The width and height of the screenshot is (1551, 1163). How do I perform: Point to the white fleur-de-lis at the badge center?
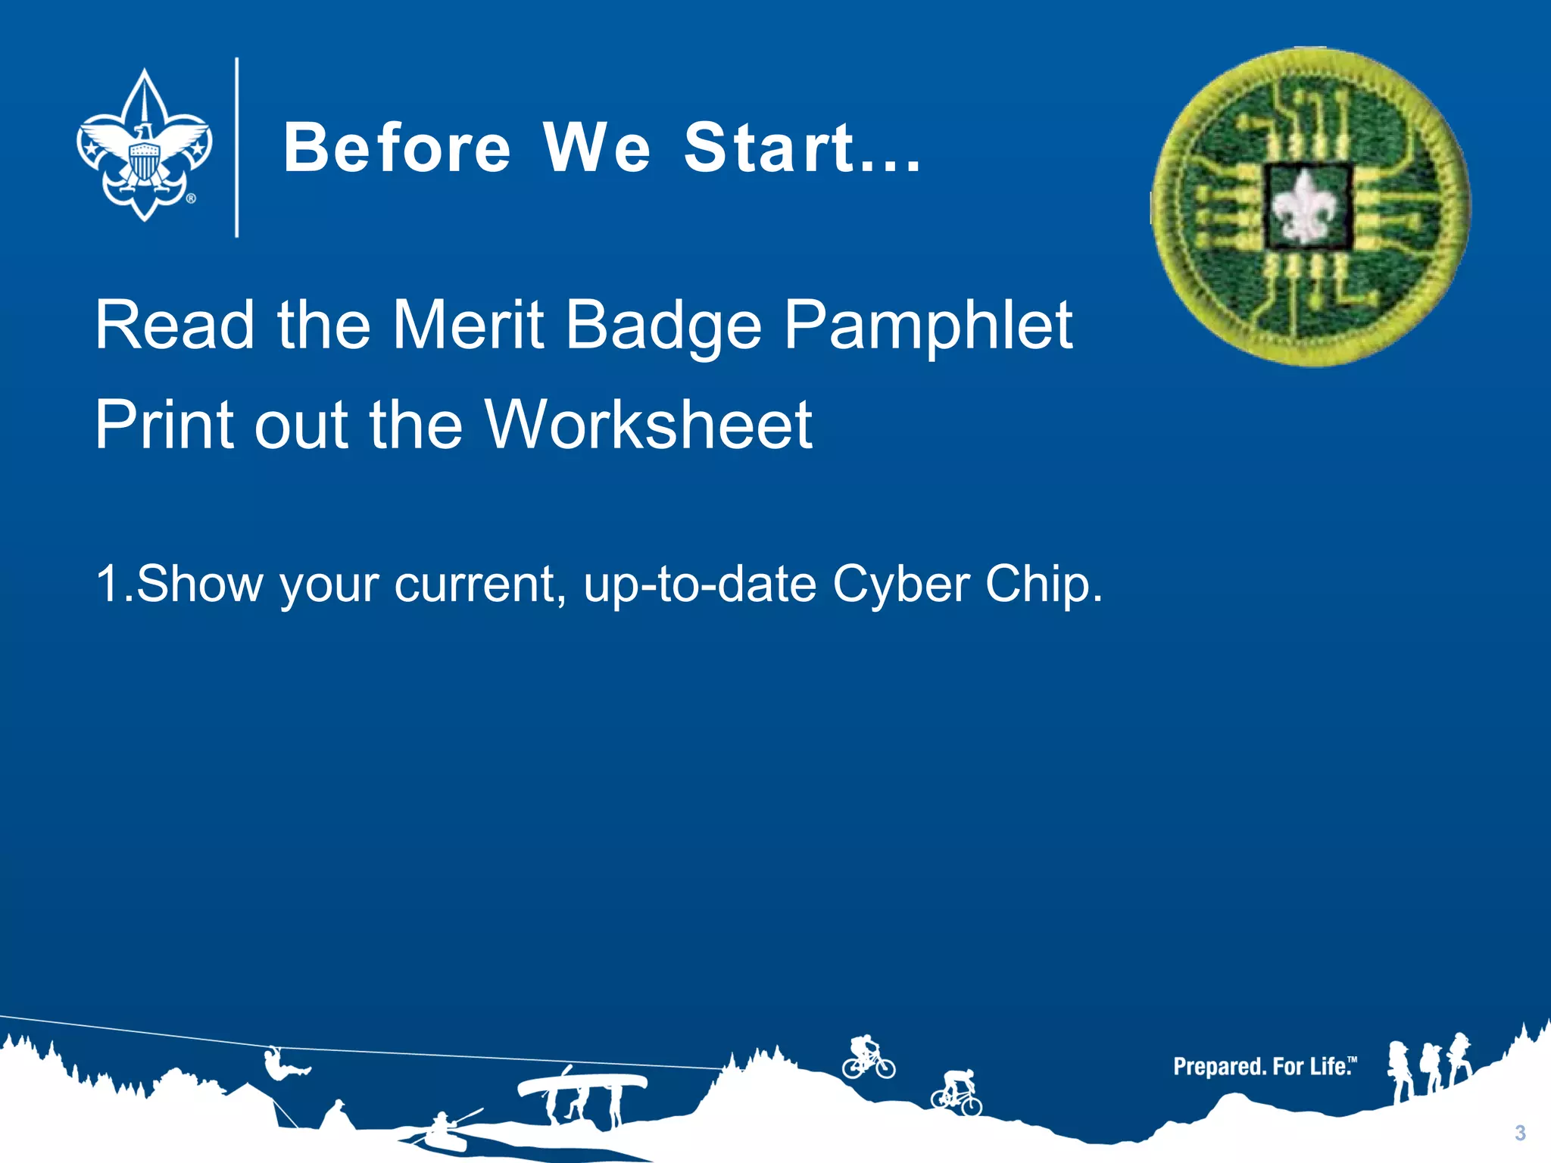pos(1306,207)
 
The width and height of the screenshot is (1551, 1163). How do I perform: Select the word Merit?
pos(467,325)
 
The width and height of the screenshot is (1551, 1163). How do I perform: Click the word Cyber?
pos(900,585)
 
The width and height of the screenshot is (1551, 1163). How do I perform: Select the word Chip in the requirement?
pos(1043,585)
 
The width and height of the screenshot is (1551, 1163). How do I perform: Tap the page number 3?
pos(1520,1133)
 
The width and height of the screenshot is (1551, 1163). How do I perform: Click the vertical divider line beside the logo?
pos(237,148)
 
